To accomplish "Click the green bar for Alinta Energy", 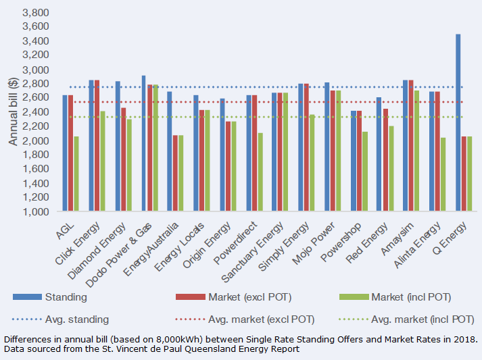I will click(x=443, y=175).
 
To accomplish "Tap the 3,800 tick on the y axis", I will click(x=36, y=13).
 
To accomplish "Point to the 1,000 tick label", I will click(x=36, y=212).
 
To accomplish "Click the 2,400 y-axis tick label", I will click(x=36, y=113).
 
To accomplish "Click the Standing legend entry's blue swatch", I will click(x=28, y=297).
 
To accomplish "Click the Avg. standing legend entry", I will click(x=76, y=319).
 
